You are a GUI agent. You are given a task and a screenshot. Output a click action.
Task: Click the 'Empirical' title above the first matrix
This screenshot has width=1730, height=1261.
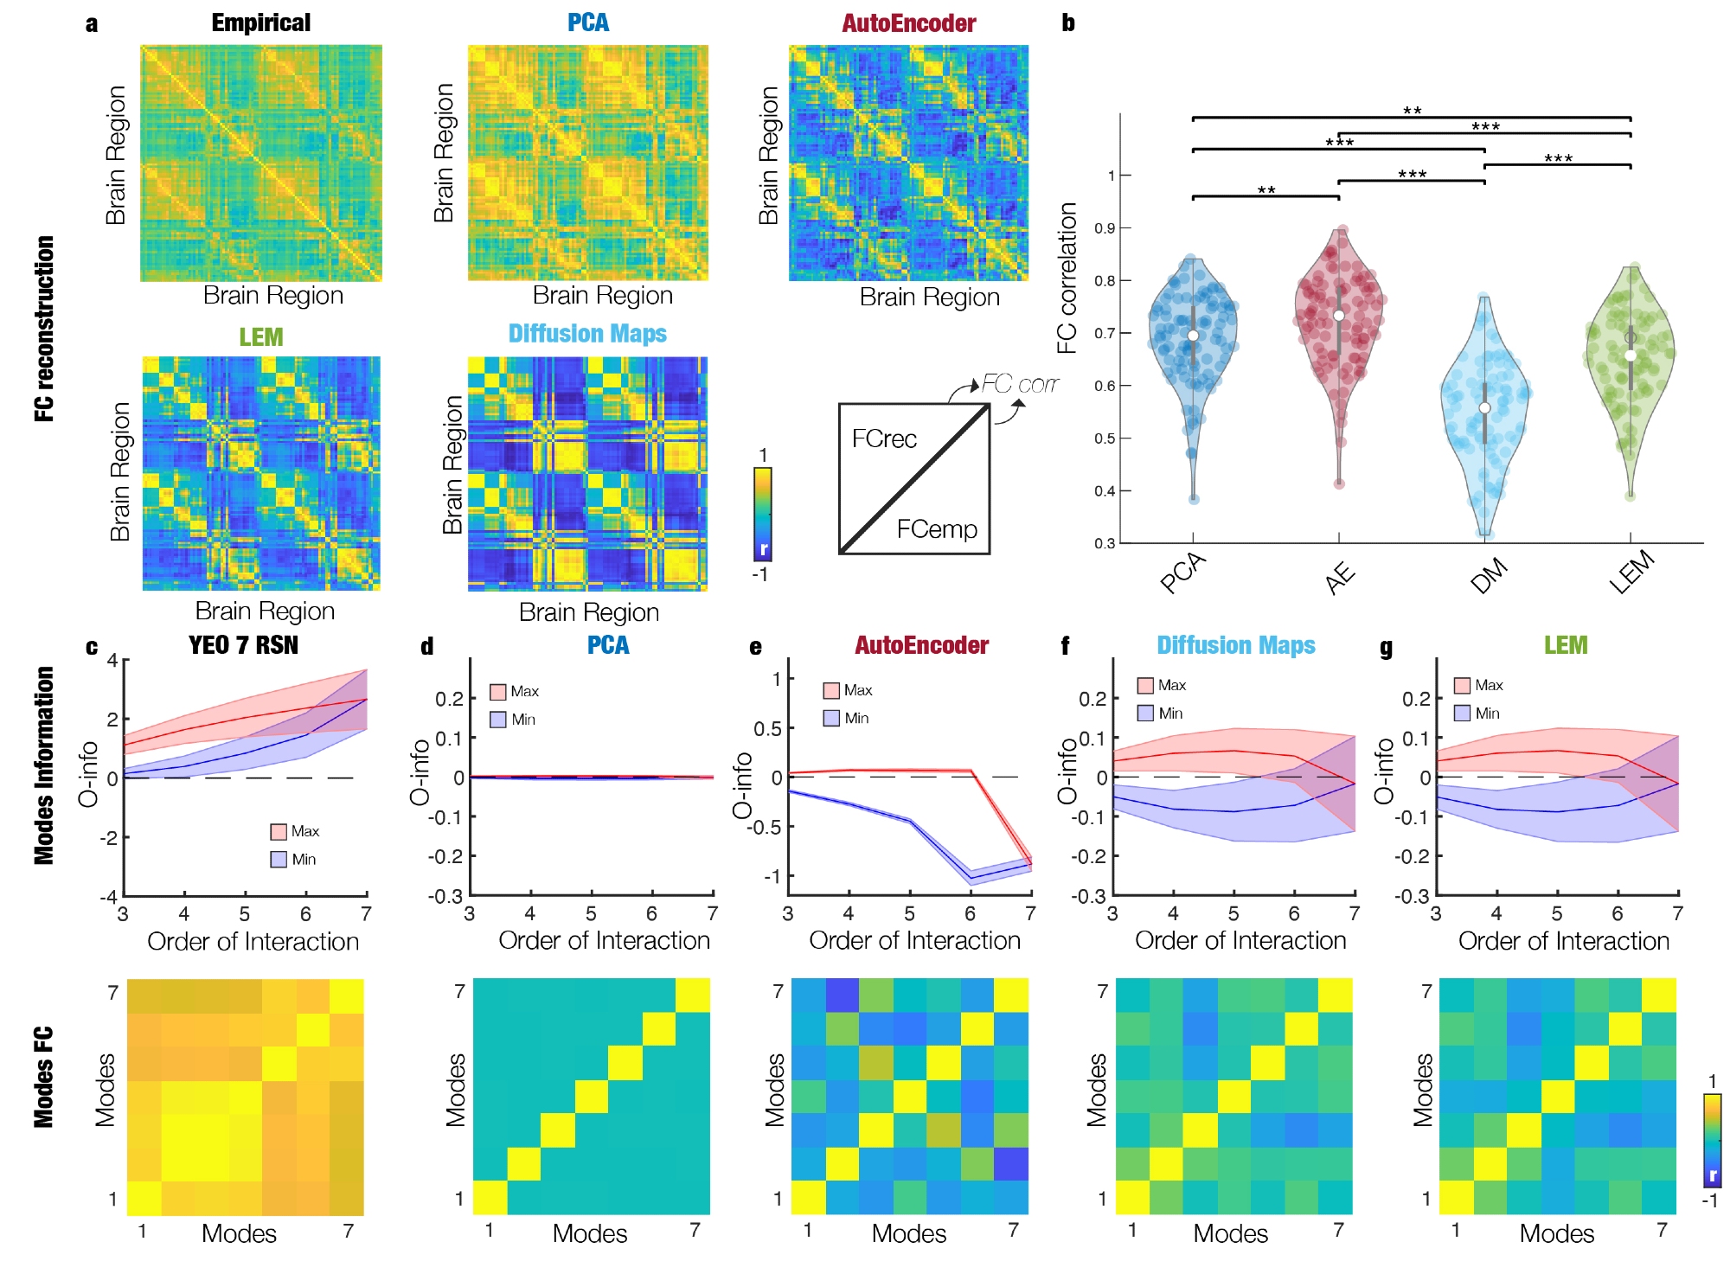(260, 23)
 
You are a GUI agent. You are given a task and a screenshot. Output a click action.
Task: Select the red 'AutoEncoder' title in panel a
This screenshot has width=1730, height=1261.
(908, 23)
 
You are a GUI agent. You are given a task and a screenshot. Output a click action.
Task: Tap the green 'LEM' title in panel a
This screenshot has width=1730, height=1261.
(260, 336)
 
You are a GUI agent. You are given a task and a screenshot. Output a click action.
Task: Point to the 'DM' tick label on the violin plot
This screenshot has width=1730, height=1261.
(1489, 576)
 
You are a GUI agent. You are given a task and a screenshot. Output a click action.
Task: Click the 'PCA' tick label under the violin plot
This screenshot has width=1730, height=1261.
(1182, 573)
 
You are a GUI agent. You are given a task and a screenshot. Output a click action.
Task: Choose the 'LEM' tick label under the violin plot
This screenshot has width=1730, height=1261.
(1631, 573)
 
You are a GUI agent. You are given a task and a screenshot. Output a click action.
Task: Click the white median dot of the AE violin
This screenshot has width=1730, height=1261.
(1339, 316)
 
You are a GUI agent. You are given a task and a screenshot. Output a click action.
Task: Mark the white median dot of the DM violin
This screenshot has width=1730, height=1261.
(1484, 408)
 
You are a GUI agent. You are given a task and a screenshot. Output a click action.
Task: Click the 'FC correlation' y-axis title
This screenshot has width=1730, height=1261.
(1067, 278)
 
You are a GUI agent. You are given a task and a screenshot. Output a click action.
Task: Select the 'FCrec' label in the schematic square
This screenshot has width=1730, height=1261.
(884, 439)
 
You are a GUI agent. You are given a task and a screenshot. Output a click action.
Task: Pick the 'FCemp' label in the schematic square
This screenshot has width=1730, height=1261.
(937, 529)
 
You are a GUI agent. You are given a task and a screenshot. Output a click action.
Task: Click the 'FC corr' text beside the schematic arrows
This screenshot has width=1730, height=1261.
(1020, 384)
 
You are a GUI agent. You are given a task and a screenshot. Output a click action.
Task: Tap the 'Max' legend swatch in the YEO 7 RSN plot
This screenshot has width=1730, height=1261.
(279, 832)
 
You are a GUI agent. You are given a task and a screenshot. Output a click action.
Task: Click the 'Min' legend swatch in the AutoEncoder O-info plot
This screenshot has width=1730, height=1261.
(831, 718)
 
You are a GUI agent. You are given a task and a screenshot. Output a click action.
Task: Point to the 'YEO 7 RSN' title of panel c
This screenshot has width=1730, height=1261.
(243, 645)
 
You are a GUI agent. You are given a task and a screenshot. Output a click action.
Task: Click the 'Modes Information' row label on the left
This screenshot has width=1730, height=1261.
(44, 765)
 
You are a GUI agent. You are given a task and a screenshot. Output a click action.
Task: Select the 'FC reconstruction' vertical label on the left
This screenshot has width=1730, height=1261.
(44, 329)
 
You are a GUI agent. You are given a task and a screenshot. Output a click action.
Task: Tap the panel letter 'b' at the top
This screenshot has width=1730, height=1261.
(1068, 23)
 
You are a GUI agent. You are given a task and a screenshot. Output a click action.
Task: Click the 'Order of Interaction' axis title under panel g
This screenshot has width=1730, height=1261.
(1564, 941)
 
